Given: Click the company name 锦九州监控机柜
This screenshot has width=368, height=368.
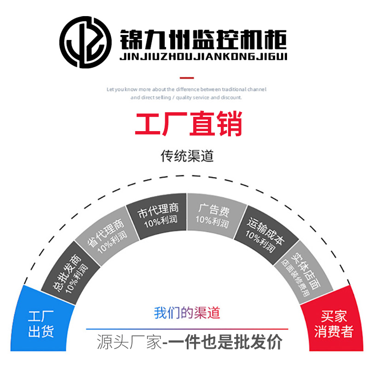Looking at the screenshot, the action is pyautogui.click(x=203, y=37).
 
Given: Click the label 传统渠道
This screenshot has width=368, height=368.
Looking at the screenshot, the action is pyautogui.click(x=187, y=156).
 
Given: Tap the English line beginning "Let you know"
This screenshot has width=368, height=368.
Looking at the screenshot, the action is pyautogui.click(x=186, y=90).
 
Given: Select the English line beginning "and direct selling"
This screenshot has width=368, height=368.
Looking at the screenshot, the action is pyautogui.click(x=186, y=98).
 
